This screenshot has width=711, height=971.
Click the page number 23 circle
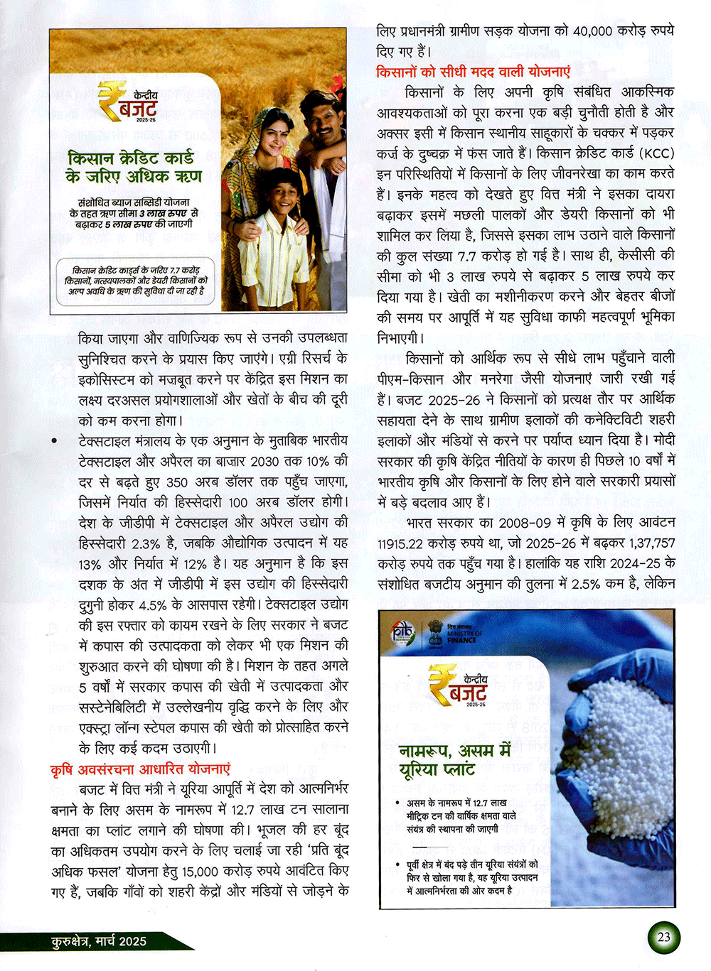click(663, 937)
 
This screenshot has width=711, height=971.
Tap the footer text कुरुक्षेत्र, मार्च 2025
click(99, 941)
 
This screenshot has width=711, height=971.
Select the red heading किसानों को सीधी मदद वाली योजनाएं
click(473, 72)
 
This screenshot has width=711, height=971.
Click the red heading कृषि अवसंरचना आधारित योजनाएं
click(141, 769)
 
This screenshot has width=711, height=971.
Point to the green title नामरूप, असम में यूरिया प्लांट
click(454, 759)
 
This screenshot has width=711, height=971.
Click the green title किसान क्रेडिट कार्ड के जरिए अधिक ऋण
click(134, 166)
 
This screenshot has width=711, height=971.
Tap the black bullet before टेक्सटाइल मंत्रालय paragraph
click(54, 442)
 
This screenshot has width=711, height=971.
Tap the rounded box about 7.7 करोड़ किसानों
click(135, 281)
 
